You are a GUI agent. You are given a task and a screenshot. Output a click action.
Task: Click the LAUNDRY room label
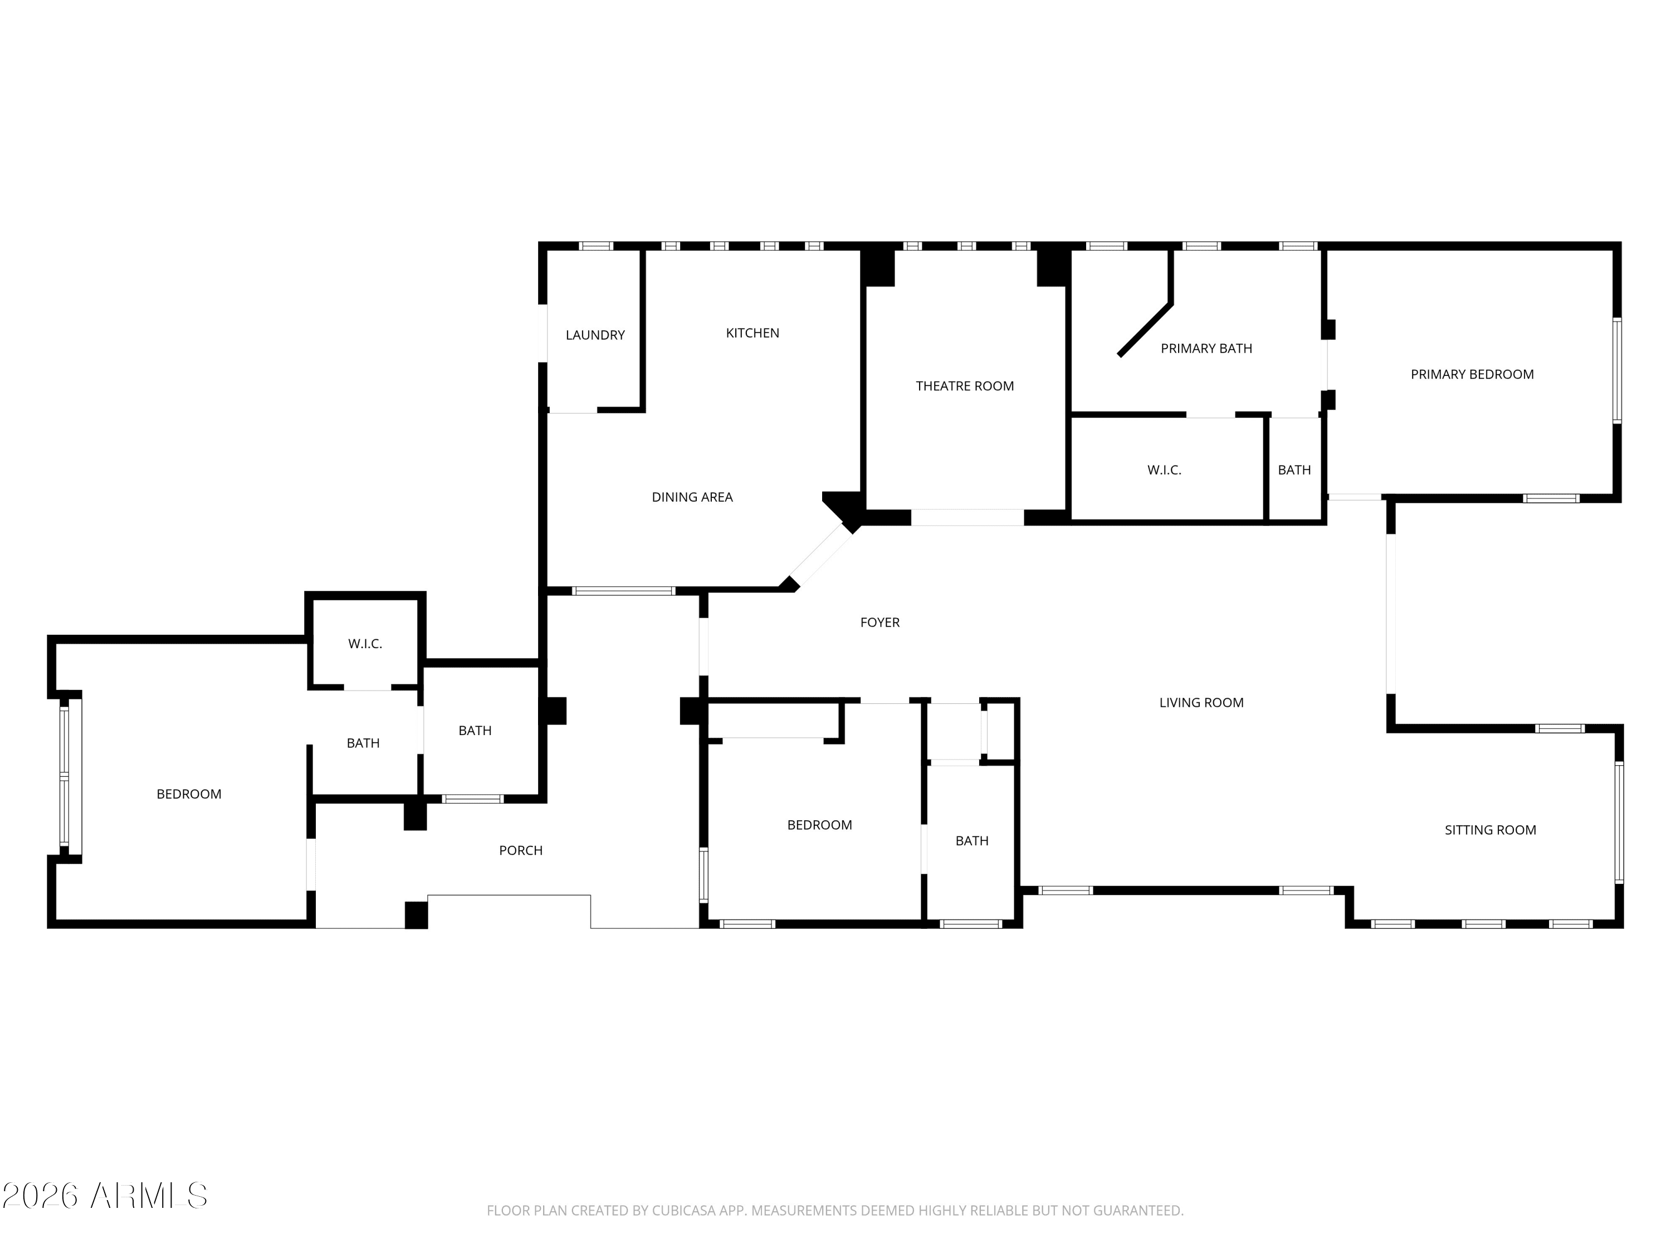click(595, 335)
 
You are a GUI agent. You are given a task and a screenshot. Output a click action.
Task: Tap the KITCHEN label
click(753, 333)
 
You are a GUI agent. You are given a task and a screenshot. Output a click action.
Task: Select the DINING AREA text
click(692, 497)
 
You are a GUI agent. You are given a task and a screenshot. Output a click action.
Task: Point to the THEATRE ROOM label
click(965, 386)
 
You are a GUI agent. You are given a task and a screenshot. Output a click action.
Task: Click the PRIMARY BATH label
click(1206, 348)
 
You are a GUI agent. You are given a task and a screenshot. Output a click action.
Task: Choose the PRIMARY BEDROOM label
click(1472, 374)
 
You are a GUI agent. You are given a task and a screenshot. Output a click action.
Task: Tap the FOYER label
click(880, 623)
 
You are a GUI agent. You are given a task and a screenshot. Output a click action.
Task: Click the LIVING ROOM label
click(1201, 702)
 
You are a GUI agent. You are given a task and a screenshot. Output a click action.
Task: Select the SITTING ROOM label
click(1491, 830)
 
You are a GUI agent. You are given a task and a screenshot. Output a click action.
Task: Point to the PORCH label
click(520, 850)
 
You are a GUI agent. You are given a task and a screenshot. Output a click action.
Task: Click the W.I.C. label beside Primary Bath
click(1164, 470)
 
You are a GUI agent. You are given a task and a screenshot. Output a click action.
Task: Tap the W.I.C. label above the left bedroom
click(365, 644)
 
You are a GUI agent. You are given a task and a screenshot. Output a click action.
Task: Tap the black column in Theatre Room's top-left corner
click(878, 268)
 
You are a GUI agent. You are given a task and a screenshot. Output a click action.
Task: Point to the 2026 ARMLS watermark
click(105, 1195)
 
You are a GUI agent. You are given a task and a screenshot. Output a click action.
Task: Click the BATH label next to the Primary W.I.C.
click(1294, 470)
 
